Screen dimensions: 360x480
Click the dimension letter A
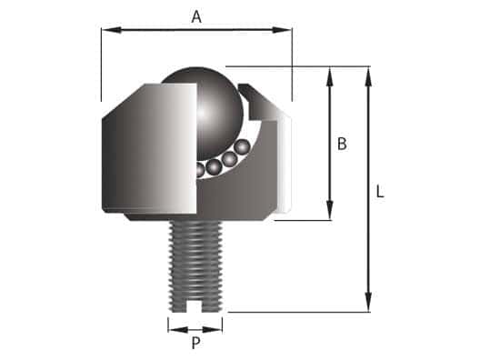click(x=196, y=15)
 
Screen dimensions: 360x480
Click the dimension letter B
click(x=342, y=143)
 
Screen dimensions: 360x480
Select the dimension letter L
click(x=380, y=192)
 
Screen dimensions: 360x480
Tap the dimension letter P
click(x=195, y=344)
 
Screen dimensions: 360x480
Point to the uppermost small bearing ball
click(x=242, y=146)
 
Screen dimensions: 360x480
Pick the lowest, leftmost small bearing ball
click(x=199, y=170)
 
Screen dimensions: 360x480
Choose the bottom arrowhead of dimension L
click(x=368, y=306)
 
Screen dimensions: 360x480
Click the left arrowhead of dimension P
click(x=173, y=325)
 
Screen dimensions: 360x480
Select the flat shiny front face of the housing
click(x=150, y=150)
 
